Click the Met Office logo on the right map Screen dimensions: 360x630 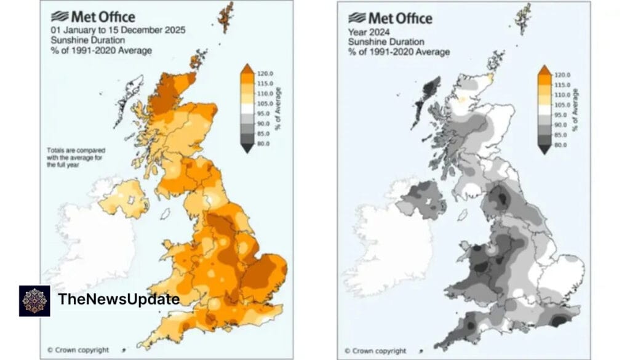(x=390, y=18)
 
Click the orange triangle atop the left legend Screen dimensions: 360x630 (x=246, y=69)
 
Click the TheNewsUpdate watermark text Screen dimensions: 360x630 (x=119, y=300)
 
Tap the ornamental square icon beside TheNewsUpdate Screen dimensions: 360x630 (x=34, y=300)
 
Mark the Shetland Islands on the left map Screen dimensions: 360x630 (x=227, y=17)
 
